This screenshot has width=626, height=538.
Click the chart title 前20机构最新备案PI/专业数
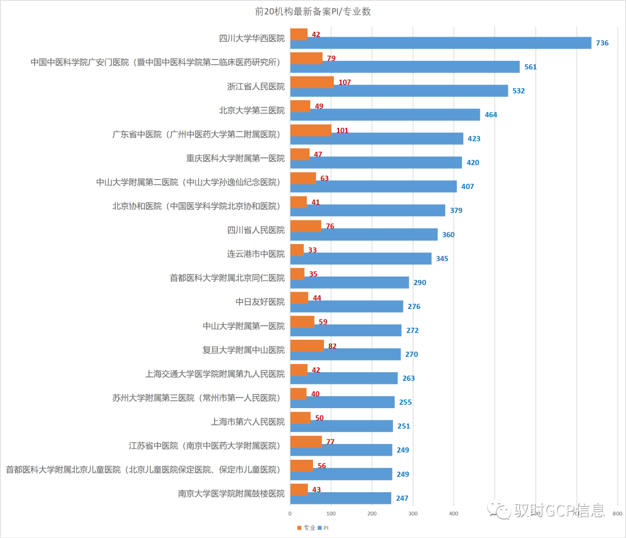point(313,12)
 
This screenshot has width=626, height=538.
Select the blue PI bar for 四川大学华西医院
point(441,43)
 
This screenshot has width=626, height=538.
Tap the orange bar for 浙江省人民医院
point(312,82)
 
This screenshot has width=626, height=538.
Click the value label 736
point(602,43)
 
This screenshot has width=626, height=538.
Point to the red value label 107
point(344,82)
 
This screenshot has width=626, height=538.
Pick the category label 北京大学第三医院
point(252,110)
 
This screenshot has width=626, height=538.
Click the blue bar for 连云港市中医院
point(361,259)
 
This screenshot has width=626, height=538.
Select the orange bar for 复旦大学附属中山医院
point(307,346)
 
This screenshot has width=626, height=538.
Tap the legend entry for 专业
point(307,528)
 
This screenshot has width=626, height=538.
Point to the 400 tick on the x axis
point(454,514)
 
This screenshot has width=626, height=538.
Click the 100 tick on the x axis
point(331,514)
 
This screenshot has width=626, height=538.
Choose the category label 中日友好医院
point(260,302)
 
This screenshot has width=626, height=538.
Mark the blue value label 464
point(491,115)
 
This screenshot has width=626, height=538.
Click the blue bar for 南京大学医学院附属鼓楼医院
point(340,498)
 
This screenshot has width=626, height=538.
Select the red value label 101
point(342,130)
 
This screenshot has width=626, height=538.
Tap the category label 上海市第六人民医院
point(248,422)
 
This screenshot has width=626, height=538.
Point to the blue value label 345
point(442,259)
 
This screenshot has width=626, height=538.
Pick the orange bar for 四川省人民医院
point(305,226)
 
